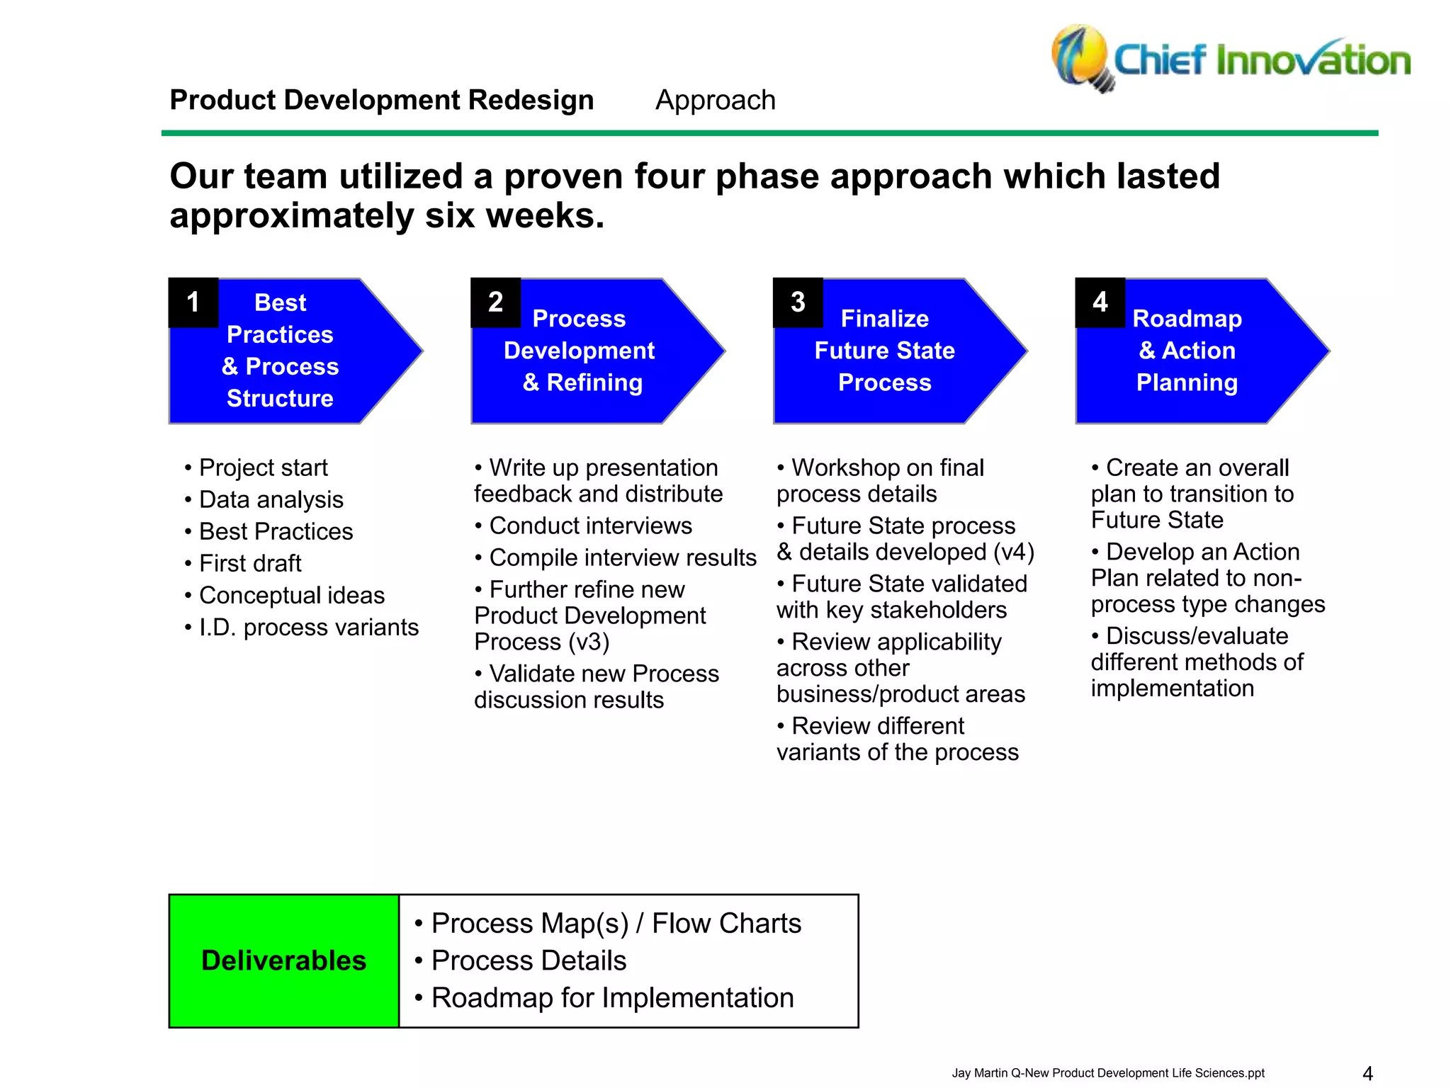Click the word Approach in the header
715,100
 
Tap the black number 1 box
193,302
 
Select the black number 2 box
495,302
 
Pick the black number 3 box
798,302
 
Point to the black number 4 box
1100,302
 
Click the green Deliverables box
283,960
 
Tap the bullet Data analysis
271,499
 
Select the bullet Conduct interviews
590,526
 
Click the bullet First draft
250,563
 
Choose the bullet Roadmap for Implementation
612,997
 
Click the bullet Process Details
529,960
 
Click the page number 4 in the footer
1367,1073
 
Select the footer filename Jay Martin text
1107,1073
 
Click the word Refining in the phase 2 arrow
594,382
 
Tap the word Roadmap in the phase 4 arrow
1187,319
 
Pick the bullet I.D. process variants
308,627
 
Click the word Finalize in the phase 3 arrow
884,319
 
